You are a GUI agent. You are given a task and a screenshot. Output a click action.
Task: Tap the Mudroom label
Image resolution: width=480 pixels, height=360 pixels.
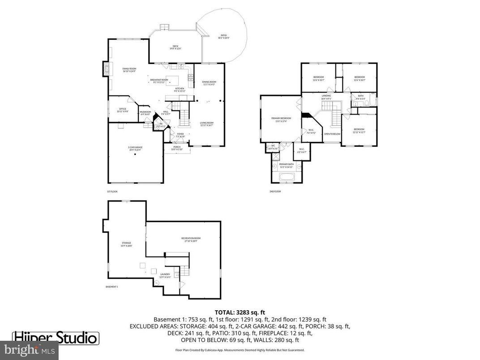pyautogui.click(x=145, y=113)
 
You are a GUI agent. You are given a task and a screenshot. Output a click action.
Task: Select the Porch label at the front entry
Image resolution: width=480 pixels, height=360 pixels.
pyautogui.click(x=177, y=147)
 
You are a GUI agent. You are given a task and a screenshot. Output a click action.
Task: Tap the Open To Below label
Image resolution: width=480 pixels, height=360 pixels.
pyautogui.click(x=332, y=134)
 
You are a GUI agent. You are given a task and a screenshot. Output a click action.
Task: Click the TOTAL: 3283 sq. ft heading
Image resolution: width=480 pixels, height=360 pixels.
pyautogui.click(x=240, y=312)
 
